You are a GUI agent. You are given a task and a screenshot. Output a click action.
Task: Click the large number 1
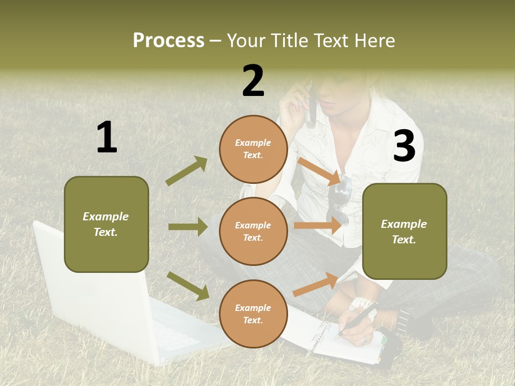pos(107,138)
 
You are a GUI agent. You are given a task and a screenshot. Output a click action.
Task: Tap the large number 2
pos(253,81)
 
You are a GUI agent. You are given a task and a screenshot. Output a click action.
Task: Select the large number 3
pos(404,146)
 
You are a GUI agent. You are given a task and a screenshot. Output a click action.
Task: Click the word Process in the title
pos(168,40)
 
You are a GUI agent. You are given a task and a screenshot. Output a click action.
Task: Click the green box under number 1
pos(106,224)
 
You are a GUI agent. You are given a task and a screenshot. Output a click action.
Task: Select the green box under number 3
pos(404,231)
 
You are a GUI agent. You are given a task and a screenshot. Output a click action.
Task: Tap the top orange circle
pos(253,149)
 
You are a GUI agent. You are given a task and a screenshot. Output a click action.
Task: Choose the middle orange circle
pos(253,231)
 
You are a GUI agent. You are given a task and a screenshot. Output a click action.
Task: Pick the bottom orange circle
pos(253,314)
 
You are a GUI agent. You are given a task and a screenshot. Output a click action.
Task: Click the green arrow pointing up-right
pos(187,171)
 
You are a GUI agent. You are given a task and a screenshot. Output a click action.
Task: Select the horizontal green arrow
pos(188,227)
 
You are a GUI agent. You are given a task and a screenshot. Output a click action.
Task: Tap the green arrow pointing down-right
pos(188,285)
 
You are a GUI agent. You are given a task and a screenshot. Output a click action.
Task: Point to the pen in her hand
pos(355,320)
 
